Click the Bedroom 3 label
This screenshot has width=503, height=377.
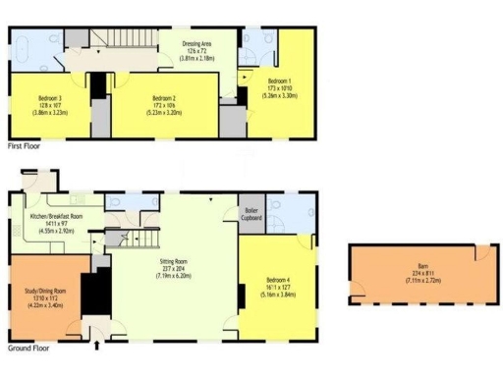[49, 99]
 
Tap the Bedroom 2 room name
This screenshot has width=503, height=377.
[164, 99]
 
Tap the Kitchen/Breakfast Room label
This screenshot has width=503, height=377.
[56, 215]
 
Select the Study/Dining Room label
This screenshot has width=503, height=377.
[45, 292]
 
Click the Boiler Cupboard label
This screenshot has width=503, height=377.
[252, 215]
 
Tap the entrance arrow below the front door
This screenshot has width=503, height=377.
[96, 345]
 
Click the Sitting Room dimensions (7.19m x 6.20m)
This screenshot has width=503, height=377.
[173, 277]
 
